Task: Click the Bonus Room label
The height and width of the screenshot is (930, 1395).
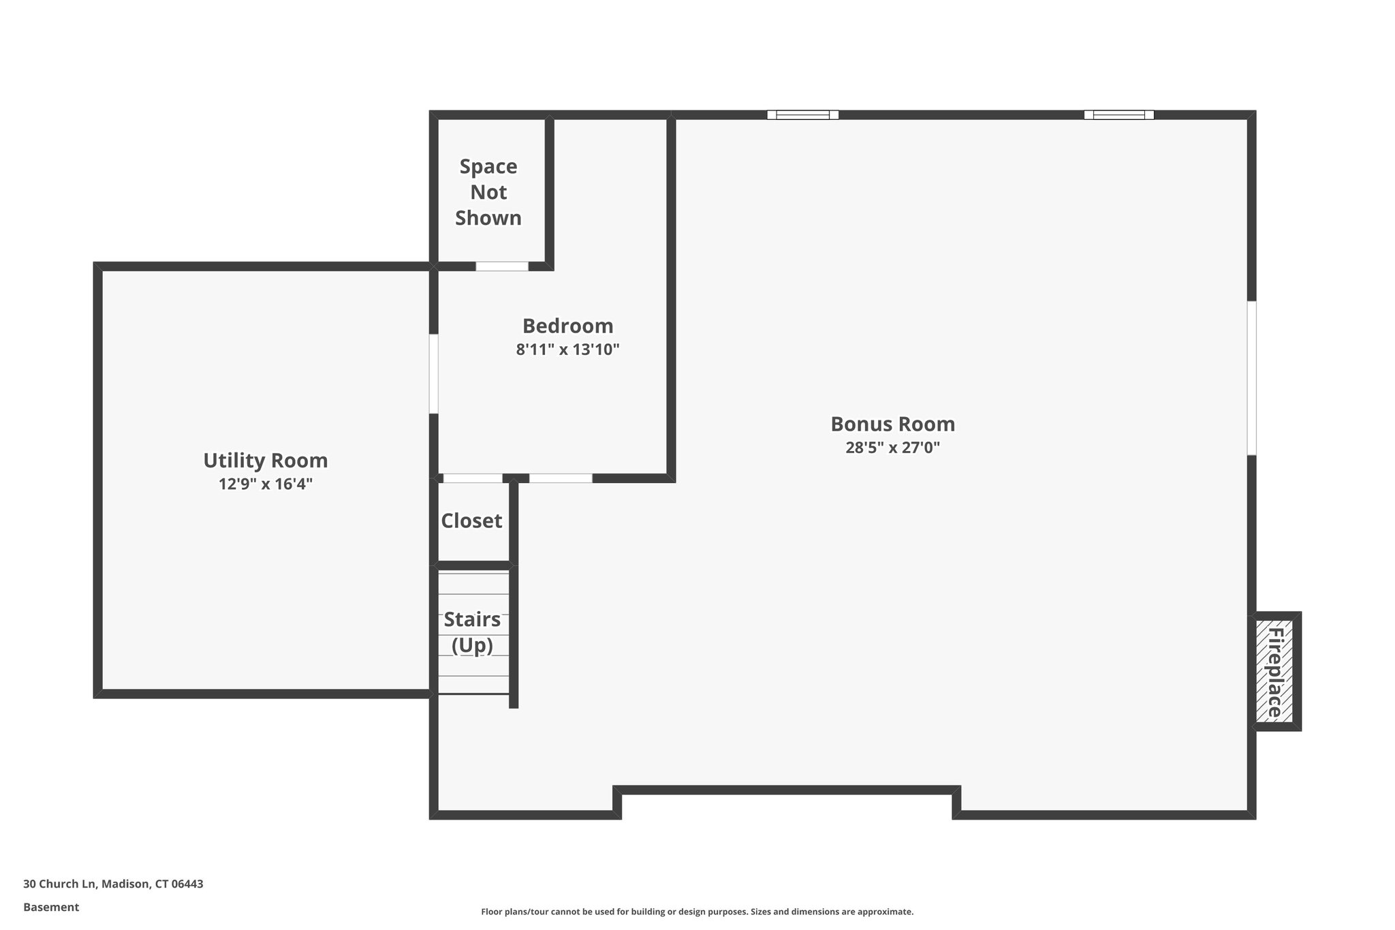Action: coord(892,424)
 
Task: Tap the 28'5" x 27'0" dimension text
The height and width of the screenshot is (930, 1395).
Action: coord(892,448)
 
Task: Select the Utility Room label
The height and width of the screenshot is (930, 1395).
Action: coord(266,461)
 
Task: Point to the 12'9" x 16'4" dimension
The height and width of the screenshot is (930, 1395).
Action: coord(266,484)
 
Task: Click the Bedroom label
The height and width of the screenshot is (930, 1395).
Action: coord(567,326)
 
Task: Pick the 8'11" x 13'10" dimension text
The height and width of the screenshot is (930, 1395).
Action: coord(567,350)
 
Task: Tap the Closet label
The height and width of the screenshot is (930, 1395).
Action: coord(471,521)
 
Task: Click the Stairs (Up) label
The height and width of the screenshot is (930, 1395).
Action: coord(472,632)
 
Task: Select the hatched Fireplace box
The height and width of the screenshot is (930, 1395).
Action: coord(1274,672)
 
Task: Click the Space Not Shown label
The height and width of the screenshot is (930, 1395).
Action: coord(488,192)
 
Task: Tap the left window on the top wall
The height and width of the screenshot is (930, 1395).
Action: coord(802,114)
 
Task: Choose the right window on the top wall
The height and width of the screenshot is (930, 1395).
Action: coord(1118,114)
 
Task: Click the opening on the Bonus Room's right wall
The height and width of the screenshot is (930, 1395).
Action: coord(1251,378)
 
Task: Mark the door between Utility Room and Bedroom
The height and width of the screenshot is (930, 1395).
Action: coord(433,373)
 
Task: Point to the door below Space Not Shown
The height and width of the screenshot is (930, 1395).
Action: coord(502,266)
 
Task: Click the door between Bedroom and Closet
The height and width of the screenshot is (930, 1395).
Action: coord(472,478)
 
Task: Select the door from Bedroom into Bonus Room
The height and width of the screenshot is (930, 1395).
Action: coord(561,478)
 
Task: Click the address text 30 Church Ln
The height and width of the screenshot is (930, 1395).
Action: coord(113,884)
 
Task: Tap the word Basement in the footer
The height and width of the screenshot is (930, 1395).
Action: coord(51,908)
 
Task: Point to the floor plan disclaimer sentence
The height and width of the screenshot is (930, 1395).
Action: coord(697,912)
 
